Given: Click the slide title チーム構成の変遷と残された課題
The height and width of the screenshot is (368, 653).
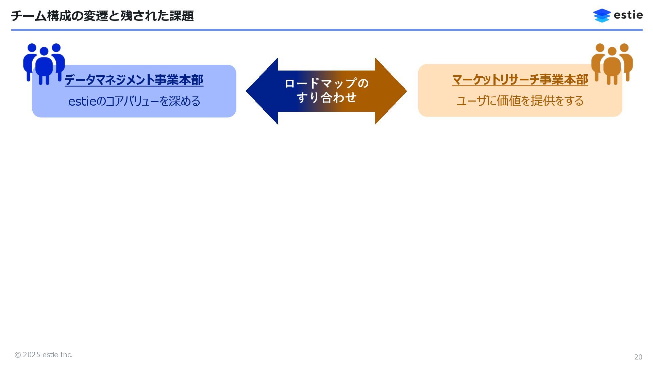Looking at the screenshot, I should (x=102, y=16).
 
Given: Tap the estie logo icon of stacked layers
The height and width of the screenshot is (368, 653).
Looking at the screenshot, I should (x=602, y=15).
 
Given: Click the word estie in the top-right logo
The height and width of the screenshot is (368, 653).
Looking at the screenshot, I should (x=628, y=15).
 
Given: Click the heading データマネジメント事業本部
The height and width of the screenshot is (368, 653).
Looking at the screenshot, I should (x=134, y=80).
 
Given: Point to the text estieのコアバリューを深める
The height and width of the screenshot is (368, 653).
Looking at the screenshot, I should (x=134, y=101).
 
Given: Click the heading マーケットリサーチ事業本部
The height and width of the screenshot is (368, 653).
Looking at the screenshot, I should (x=520, y=80).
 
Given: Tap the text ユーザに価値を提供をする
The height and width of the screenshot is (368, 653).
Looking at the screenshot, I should (x=520, y=101).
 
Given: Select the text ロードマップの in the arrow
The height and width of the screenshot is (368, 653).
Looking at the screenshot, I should (x=326, y=83).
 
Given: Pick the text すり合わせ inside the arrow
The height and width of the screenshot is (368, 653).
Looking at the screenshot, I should (x=326, y=98).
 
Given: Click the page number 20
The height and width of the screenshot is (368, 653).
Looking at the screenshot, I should (x=638, y=357).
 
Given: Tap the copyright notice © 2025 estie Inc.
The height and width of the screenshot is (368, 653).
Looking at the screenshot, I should (x=44, y=355).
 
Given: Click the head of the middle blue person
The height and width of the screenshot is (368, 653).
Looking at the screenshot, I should (x=44, y=51).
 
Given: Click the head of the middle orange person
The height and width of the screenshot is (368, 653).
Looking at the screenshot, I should (x=612, y=51).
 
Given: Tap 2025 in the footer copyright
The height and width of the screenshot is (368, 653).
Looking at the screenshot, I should (x=32, y=355).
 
